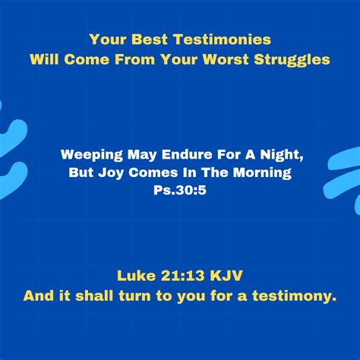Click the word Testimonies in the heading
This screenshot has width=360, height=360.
(222, 39)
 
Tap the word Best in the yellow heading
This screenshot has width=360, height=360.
(150, 39)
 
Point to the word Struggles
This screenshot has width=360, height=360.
(292, 60)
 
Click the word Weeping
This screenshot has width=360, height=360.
(92, 155)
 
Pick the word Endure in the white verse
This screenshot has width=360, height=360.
(187, 154)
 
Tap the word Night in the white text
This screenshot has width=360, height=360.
(282, 155)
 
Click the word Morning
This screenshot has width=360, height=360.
(262, 173)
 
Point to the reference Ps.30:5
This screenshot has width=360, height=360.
(180, 190)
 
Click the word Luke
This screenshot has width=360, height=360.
(136, 276)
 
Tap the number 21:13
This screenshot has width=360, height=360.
(182, 276)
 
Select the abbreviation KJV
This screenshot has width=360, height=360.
(226, 276)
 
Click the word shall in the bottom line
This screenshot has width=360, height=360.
(94, 295)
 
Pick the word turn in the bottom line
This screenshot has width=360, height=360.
(134, 296)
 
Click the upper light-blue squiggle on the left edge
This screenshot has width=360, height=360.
(13, 134)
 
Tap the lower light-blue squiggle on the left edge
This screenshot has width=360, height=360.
(14, 178)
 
